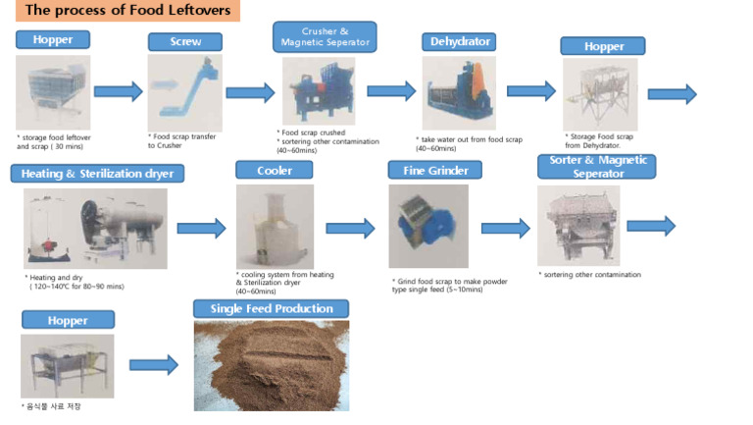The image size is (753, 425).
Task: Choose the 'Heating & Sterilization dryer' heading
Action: (x=97, y=174)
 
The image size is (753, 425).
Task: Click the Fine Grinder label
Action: (x=428, y=170)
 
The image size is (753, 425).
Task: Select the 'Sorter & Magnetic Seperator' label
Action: (x=596, y=167)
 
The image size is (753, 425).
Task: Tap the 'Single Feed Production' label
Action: (x=272, y=309)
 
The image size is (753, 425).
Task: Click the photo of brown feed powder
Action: (x=271, y=365)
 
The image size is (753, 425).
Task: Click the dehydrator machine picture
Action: (x=459, y=92)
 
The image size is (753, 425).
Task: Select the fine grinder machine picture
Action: (x=427, y=226)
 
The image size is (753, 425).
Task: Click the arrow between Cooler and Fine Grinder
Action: (x=350, y=228)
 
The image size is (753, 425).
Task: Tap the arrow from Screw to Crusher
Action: (x=250, y=93)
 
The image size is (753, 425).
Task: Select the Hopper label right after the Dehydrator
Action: (x=602, y=46)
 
